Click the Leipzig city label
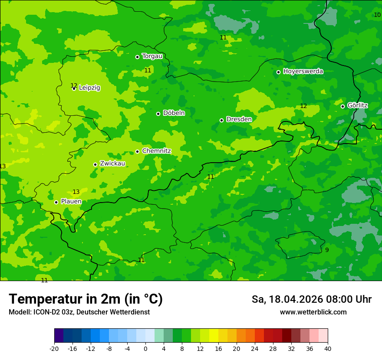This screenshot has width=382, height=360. tap(89, 88)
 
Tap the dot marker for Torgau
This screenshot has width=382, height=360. tap(137, 57)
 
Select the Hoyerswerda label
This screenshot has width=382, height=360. tap(303, 71)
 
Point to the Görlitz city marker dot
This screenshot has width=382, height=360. tap(342, 106)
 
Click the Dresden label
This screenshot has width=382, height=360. tap(239, 119)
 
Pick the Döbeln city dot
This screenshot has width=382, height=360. tap(158, 114)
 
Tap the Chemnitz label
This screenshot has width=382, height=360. tap(156, 151)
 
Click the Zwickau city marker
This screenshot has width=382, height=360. tap(95, 164)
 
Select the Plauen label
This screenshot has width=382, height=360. tap(71, 201)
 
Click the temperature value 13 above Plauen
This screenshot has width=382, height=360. tap(76, 192)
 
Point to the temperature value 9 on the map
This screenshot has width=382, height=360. tap(327, 250)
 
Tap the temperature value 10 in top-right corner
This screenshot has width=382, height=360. tap(377, 15)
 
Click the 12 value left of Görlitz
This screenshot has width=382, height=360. tap(303, 106)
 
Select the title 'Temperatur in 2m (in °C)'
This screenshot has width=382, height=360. tap(86, 299)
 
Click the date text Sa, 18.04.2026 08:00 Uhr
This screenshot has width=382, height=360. tap(311, 299)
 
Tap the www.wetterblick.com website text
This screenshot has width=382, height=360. tap(313, 312)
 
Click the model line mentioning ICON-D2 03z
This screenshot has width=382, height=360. tap(79, 312)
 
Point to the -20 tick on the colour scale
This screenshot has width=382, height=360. tap(54, 348)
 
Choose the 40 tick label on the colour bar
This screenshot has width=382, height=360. tap(327, 348)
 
